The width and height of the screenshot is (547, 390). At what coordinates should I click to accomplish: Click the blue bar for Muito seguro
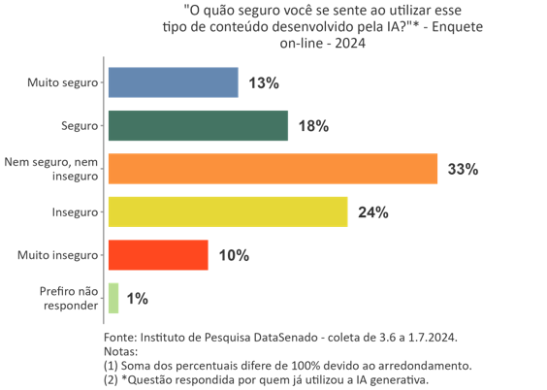[173, 82]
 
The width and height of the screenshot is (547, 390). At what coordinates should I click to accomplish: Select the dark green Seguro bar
[198, 126]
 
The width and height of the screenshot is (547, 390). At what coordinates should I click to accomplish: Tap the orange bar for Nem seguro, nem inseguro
[273, 169]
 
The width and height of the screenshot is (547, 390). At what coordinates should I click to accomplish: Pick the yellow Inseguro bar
[228, 211]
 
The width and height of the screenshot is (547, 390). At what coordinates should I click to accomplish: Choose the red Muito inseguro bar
[158, 255]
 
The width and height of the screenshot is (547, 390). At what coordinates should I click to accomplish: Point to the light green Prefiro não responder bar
[113, 298]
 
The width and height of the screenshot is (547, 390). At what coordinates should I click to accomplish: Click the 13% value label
[263, 83]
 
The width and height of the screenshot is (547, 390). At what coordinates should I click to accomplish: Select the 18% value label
[313, 126]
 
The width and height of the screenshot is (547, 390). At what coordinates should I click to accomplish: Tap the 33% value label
[463, 170]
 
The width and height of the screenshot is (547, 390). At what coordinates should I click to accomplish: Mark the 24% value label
[372, 212]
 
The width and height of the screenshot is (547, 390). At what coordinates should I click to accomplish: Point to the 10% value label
[233, 256]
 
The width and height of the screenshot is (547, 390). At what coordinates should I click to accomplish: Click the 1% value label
[137, 299]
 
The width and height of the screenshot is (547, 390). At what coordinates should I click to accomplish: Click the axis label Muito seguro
[62, 82]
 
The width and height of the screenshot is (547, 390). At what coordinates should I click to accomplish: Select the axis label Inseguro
[75, 212]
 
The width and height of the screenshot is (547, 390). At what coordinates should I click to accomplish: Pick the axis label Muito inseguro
[58, 255]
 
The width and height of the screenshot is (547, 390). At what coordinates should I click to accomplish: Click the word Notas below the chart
[119, 351]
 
